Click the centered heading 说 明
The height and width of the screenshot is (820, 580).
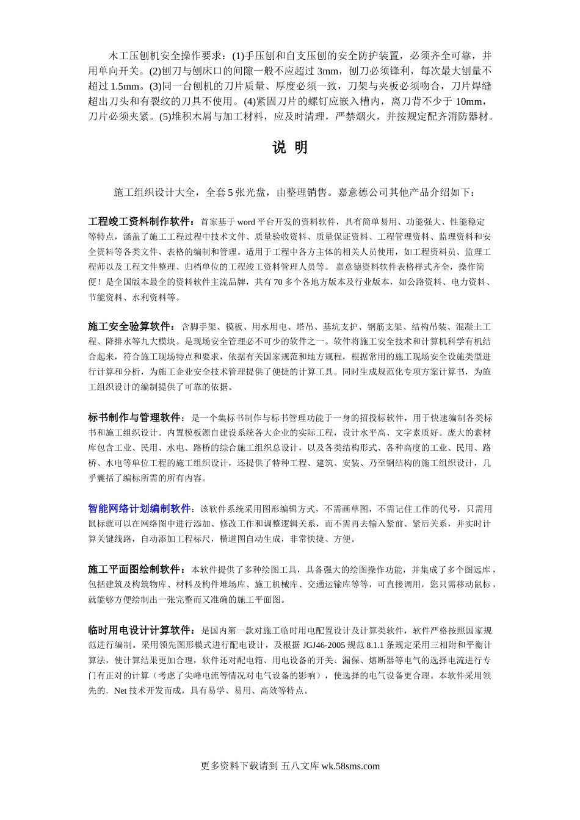pos(289,148)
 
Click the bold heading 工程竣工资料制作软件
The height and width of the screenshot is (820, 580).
pos(140,221)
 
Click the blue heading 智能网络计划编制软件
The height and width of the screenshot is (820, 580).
pos(140,508)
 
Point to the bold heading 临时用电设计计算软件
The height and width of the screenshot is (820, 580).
pos(140,630)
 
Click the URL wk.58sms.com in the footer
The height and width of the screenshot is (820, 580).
pos(350,766)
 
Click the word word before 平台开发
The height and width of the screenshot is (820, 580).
pos(245,222)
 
